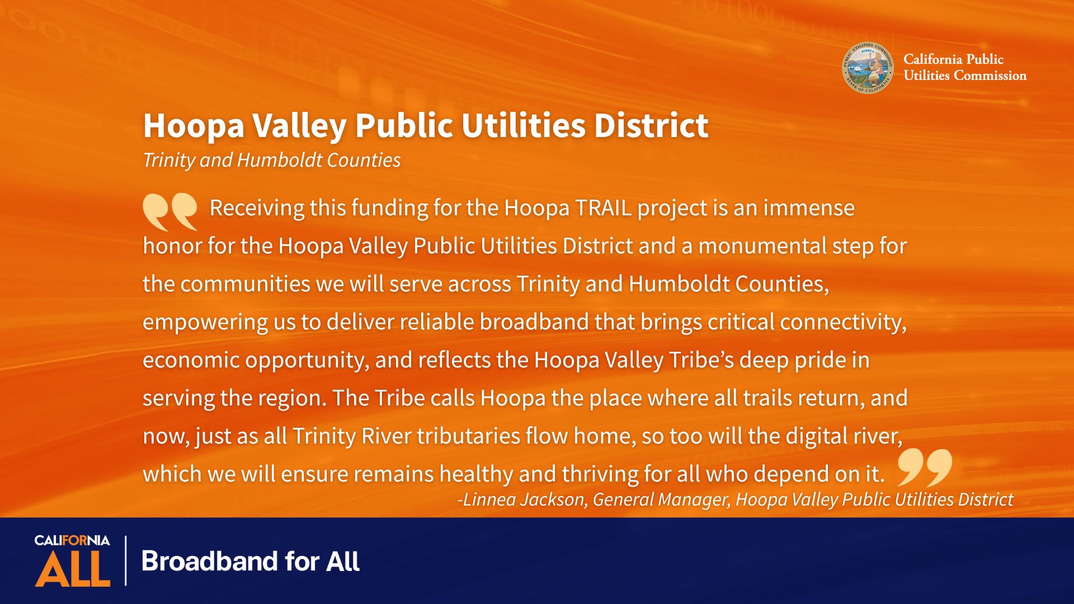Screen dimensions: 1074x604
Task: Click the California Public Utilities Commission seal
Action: point(868,68)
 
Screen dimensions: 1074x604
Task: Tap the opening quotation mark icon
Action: point(170,212)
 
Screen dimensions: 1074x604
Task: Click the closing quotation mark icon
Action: point(925,467)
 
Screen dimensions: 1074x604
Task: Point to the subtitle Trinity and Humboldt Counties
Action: point(272,160)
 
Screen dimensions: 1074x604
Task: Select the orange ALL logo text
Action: point(73,569)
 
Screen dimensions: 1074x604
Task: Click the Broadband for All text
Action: point(251,561)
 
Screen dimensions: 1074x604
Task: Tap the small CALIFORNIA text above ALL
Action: point(72,540)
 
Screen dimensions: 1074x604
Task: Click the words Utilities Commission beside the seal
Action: point(965,75)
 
